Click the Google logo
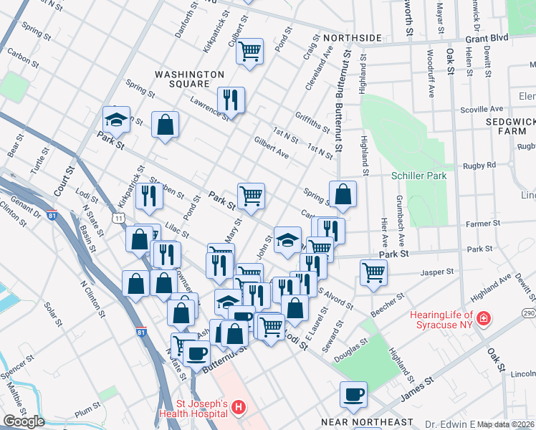(24, 421)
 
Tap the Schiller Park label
(419, 176)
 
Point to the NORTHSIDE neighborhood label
(352, 37)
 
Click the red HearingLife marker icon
(484, 317)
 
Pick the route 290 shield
(529, 314)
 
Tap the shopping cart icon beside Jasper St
(373, 272)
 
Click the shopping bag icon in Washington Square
(166, 125)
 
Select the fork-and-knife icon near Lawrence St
(231, 100)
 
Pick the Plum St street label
(87, 413)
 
